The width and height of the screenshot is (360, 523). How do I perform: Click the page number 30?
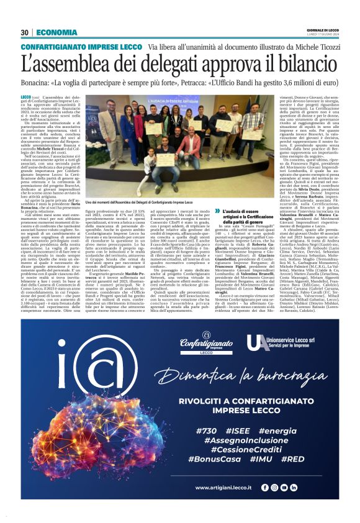tap(25, 32)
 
